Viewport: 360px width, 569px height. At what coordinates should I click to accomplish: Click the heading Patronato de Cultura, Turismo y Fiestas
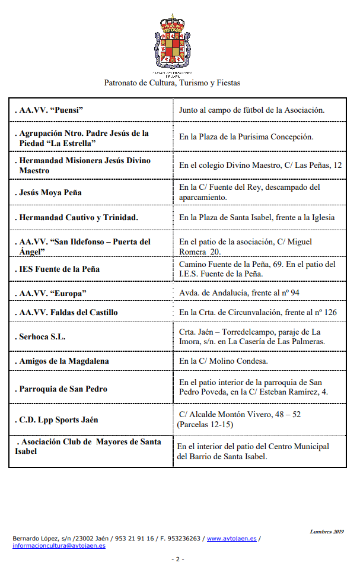click(x=172, y=83)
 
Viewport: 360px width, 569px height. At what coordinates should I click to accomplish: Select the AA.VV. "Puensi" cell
click(x=50, y=110)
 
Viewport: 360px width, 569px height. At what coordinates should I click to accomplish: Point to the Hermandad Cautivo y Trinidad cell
click(x=77, y=218)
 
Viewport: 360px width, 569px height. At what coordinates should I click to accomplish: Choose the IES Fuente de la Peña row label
click(x=58, y=269)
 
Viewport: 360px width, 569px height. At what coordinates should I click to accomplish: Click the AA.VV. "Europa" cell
click(x=52, y=294)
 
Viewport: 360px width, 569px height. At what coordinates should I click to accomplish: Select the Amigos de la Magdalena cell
click(x=63, y=361)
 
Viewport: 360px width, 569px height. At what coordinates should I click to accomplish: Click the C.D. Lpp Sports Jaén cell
click(x=58, y=420)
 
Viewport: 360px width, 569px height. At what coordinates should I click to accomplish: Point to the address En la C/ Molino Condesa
click(x=224, y=361)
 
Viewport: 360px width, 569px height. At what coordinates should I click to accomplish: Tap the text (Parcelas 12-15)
click(x=205, y=425)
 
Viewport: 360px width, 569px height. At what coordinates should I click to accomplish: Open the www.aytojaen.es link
click(x=231, y=538)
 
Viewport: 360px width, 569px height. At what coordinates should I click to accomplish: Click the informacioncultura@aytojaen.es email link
click(x=59, y=545)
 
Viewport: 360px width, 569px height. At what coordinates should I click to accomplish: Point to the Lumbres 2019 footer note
click(x=327, y=532)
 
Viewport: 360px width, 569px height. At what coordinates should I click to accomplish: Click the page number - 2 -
click(x=178, y=559)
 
